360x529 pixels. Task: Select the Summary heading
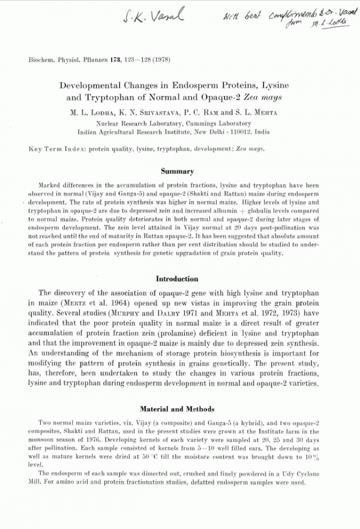point(177,172)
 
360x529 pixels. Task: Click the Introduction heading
point(177,279)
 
